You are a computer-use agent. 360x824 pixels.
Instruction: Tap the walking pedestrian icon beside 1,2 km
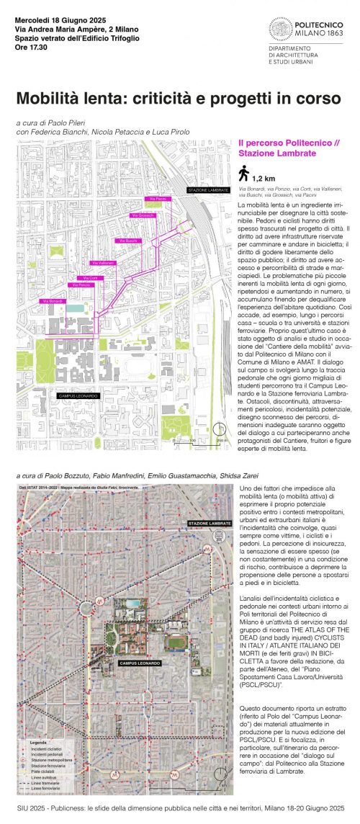click(x=243, y=174)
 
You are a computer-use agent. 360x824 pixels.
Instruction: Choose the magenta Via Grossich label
click(x=142, y=215)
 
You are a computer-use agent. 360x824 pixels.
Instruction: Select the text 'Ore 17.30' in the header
click(x=32, y=49)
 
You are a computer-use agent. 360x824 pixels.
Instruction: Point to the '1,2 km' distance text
click(x=263, y=177)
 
